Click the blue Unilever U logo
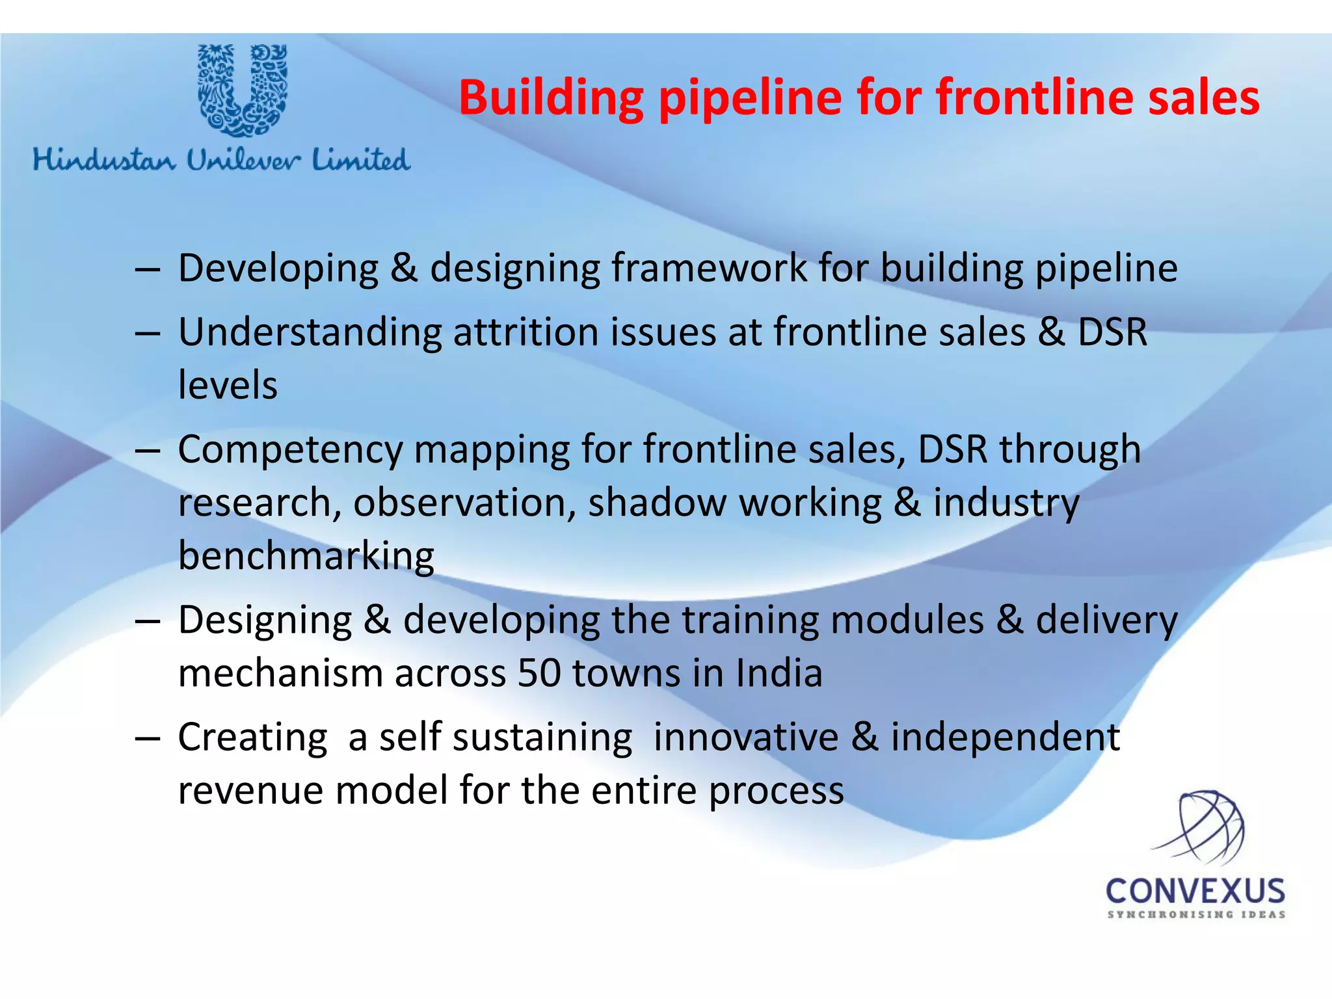[x=243, y=90]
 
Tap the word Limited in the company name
[x=361, y=160]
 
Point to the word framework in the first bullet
[x=709, y=268]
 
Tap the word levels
[x=228, y=385]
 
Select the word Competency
[x=291, y=450]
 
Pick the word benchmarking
[x=306, y=556]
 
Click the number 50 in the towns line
[x=539, y=673]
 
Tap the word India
[x=779, y=673]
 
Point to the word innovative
[x=746, y=738]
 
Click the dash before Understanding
[x=148, y=334]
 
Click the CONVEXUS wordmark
[x=1195, y=891]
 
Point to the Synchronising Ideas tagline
[x=1196, y=914]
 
